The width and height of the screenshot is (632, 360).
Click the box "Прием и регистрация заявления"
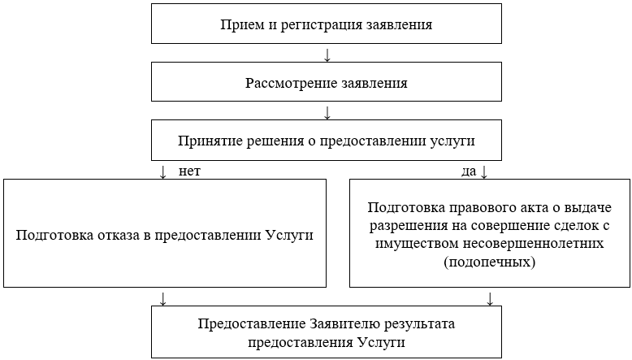tap(326, 24)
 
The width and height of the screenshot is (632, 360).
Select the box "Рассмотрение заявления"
tap(326, 82)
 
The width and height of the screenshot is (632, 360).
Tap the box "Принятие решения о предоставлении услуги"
tap(326, 140)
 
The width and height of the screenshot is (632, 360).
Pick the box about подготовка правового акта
tap(490, 234)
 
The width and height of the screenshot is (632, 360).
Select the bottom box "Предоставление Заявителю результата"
tap(326, 332)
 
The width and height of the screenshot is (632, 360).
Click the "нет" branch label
tap(188, 171)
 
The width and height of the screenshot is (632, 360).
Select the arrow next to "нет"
tap(164, 172)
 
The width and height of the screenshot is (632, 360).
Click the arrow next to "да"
tap(485, 172)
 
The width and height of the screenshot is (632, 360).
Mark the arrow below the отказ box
tap(164, 297)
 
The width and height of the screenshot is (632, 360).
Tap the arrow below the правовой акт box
tap(490, 297)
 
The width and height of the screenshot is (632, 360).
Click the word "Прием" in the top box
tap(239, 24)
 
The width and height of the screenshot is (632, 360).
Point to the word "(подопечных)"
tap(490, 263)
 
